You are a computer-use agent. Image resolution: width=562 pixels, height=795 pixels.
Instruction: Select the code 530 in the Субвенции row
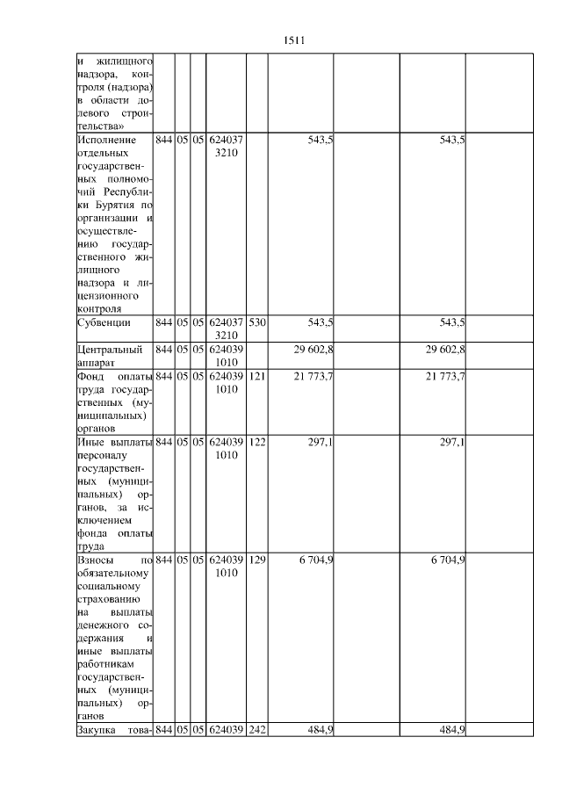(256, 323)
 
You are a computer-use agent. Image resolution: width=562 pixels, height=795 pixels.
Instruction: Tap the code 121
(256, 377)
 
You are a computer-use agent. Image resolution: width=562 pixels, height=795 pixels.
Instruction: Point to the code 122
(256, 442)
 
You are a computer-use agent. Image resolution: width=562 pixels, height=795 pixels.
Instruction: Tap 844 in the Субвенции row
(163, 323)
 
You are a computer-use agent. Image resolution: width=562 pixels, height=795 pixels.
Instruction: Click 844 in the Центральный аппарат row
(163, 351)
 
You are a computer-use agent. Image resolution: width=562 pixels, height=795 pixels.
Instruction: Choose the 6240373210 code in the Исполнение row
(226, 147)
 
